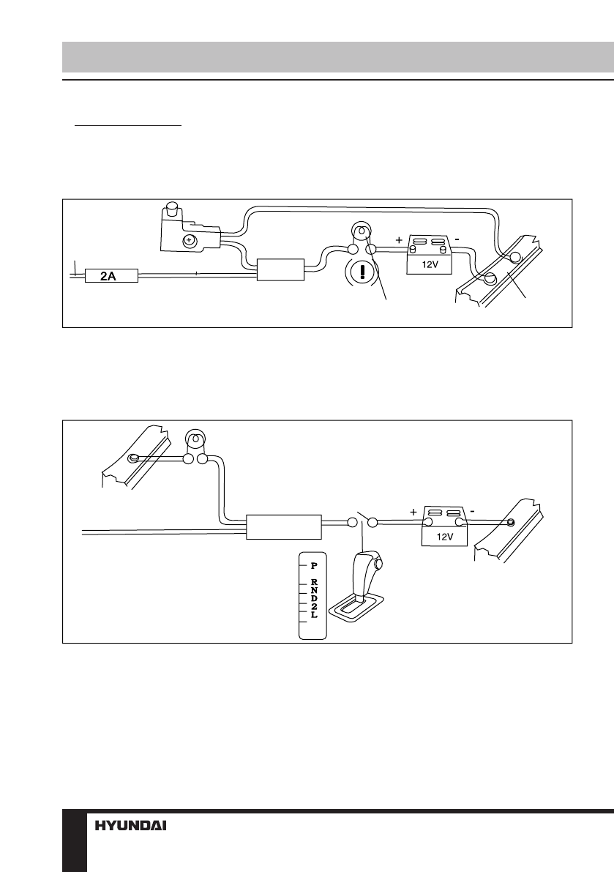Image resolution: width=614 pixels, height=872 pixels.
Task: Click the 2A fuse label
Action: tap(111, 277)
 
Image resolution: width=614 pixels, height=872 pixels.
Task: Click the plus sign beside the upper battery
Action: tap(399, 240)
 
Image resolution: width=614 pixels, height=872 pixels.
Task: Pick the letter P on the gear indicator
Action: tap(314, 565)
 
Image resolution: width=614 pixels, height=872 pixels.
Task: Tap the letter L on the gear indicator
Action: tap(314, 616)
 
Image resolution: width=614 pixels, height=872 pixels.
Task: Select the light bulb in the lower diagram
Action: tap(195, 441)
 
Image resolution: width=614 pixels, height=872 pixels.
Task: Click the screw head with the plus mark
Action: tap(188, 240)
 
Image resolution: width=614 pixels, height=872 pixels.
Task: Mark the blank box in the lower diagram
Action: tap(284, 526)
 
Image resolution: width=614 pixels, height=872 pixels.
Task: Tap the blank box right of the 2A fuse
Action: tap(281, 269)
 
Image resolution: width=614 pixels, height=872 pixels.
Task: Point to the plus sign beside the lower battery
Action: tap(413, 513)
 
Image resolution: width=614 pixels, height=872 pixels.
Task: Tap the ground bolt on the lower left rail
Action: tap(133, 459)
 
